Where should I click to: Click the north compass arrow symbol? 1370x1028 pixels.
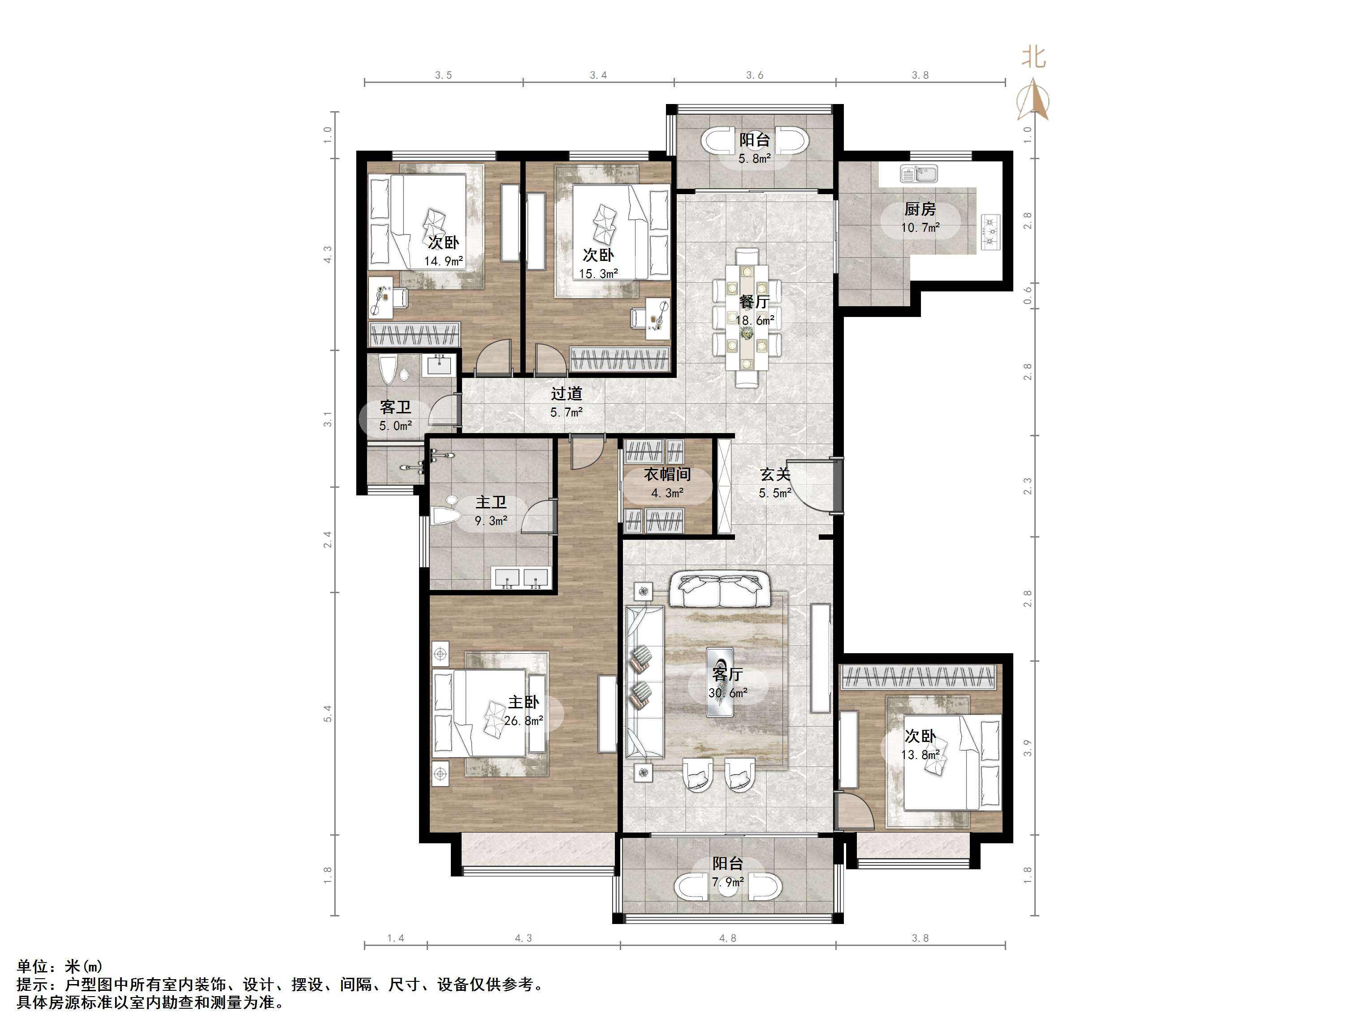pyautogui.click(x=1033, y=99)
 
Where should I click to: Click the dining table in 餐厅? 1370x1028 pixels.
pyautogui.click(x=748, y=317)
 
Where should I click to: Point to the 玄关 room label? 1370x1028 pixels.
pyautogui.click(x=775, y=475)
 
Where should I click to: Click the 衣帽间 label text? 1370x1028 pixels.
pyautogui.click(x=667, y=475)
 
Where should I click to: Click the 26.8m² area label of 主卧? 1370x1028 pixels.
pyautogui.click(x=523, y=720)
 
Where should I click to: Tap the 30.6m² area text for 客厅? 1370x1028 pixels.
pyautogui.click(x=728, y=693)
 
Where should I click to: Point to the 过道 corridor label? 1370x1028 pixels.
pyautogui.click(x=567, y=394)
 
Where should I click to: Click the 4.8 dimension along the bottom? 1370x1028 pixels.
pyautogui.click(x=728, y=938)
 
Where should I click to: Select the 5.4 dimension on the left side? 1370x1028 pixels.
pyautogui.click(x=328, y=713)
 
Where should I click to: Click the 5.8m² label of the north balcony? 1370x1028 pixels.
pyautogui.click(x=754, y=159)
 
